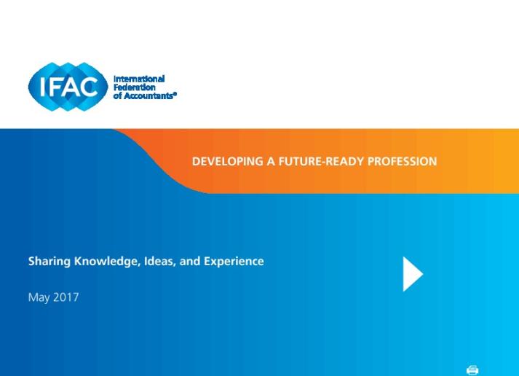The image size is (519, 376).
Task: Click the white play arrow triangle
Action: coord(412,274)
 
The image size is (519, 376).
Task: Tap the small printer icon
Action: coord(472,369)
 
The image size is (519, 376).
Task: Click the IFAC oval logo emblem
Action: coord(68,87)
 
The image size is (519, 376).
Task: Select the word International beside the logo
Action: coord(139,79)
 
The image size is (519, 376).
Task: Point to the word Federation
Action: coord(135,87)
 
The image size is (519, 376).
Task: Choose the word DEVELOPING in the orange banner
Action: coord(228,161)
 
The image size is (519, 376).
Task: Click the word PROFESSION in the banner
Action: coord(402,161)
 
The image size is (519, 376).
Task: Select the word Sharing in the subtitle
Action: coord(49,262)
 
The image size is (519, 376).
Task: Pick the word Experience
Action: coord(234,262)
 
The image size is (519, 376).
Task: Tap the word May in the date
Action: coord(39,297)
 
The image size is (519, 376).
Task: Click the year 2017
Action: coord(66,297)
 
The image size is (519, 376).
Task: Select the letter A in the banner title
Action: coord(271,161)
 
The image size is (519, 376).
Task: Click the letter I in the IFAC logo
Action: coord(42,87)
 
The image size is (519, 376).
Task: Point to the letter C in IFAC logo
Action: coord(89,87)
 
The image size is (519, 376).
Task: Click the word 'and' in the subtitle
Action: coord(190,261)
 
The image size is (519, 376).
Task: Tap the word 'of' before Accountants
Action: coord(117,95)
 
